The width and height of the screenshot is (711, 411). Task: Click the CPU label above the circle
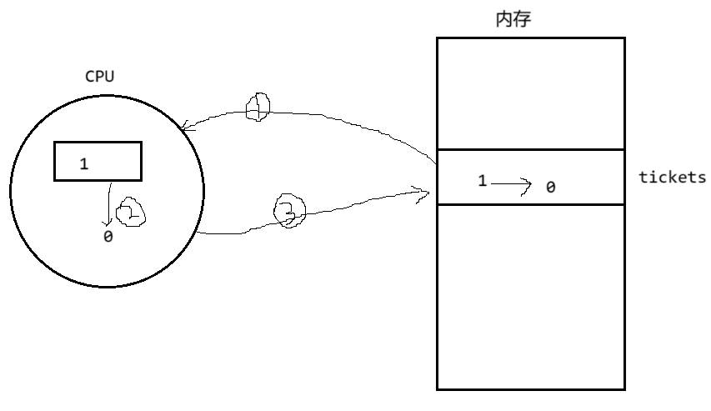click(x=100, y=76)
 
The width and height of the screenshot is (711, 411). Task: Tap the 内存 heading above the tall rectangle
click(x=513, y=19)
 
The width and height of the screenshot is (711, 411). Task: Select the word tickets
click(x=672, y=177)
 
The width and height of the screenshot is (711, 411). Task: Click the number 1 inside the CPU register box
click(x=83, y=164)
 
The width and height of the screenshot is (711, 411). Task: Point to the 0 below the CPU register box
click(x=108, y=237)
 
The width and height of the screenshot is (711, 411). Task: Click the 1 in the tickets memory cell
click(x=482, y=180)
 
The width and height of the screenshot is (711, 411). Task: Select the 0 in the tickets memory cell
click(x=550, y=188)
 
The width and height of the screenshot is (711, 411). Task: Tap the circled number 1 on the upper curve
click(x=258, y=106)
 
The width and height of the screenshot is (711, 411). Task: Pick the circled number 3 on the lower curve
click(x=289, y=212)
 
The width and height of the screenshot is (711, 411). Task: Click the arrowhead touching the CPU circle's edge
click(x=185, y=128)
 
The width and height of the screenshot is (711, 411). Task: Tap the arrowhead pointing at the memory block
click(x=424, y=194)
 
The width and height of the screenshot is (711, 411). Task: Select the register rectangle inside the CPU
click(x=98, y=161)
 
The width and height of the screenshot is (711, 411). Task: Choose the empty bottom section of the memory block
click(x=530, y=296)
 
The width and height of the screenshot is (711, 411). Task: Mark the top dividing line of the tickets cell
click(x=530, y=150)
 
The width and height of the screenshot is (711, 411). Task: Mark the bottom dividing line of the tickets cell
click(x=530, y=204)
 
